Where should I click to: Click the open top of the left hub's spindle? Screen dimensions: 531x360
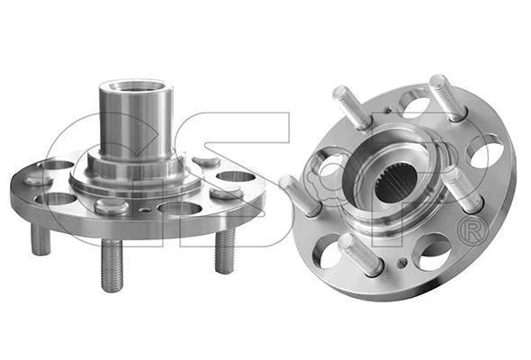(x=137, y=86)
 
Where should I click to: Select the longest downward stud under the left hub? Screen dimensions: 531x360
(x=112, y=265)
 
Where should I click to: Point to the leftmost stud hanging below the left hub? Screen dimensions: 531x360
(x=40, y=239)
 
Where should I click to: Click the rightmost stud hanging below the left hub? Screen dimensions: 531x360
(x=225, y=250)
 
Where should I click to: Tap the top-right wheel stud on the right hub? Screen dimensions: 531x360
(x=448, y=97)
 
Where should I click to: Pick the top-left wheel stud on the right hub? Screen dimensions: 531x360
(x=353, y=107)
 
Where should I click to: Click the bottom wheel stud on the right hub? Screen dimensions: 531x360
(x=361, y=255)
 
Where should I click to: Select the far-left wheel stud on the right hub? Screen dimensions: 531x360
(x=300, y=195)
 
